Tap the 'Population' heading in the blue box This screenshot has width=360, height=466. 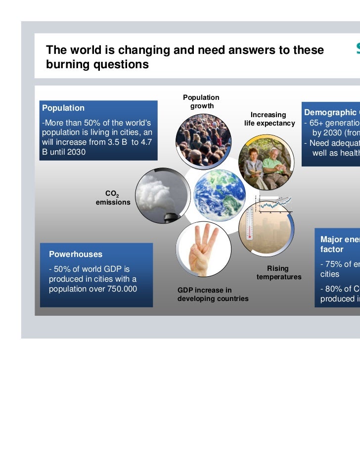click(63, 108)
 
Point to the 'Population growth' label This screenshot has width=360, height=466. click(201, 102)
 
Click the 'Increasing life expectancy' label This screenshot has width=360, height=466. click(269, 119)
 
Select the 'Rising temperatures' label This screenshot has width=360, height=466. click(278, 273)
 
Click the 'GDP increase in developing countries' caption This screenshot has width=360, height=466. click(213, 295)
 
